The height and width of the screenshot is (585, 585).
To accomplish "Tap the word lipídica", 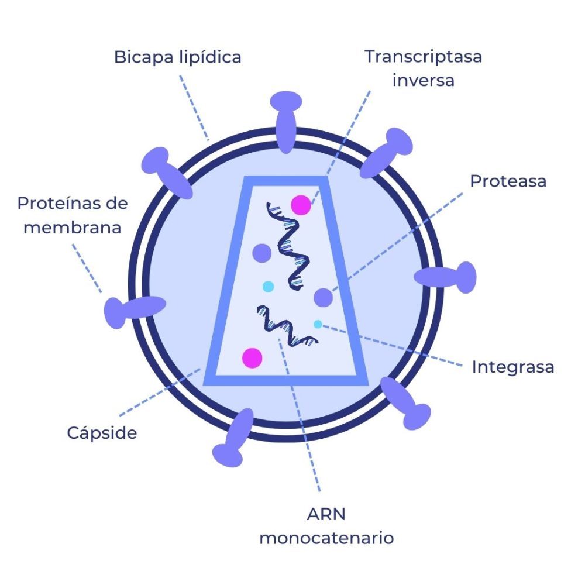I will pos(210,57).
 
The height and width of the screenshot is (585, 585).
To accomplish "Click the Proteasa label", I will pos(508,181).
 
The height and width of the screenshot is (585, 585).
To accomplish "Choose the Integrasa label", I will pos(512,367).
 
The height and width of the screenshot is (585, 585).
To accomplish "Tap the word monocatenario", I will pos(326,538).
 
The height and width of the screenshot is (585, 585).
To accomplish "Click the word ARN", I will pos(326,514).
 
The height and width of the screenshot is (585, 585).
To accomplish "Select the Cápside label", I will pos(102,433).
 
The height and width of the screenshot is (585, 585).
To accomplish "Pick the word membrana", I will pos(73,227).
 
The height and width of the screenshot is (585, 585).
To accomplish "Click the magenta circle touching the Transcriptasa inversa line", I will pos(301,205).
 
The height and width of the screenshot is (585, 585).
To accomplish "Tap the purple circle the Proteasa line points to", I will pos(323,298).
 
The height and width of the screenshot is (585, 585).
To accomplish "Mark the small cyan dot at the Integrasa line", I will pos(318,324).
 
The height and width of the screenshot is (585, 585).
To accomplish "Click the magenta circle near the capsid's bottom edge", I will pos(252,357).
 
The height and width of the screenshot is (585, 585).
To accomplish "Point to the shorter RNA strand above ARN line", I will pos(286,325).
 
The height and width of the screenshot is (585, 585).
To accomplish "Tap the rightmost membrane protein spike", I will pos(448,277).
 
